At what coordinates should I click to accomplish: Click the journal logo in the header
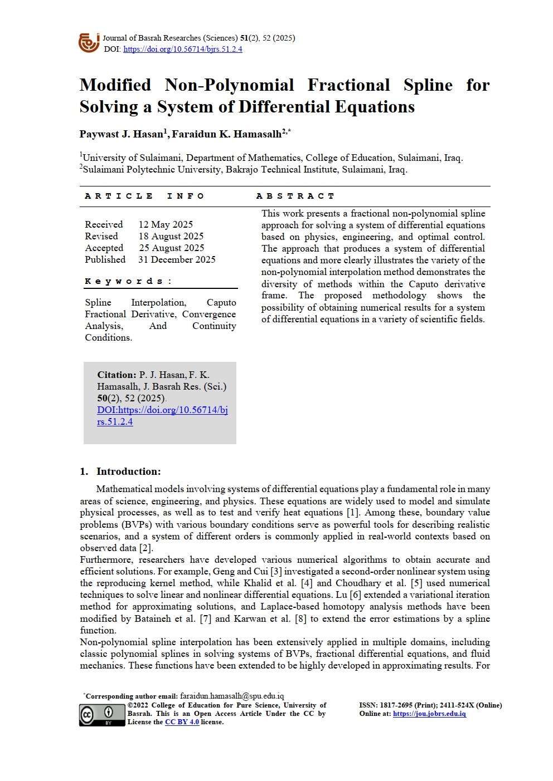[x=89, y=43]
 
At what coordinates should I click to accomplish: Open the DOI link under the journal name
[x=182, y=49]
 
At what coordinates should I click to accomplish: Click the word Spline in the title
[x=428, y=85]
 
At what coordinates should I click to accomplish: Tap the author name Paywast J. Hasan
[x=122, y=134]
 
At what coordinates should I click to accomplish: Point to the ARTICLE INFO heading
[x=144, y=196]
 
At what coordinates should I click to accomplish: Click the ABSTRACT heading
[x=295, y=196]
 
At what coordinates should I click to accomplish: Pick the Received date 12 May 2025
[x=166, y=224]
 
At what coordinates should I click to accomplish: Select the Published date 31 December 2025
[x=177, y=259]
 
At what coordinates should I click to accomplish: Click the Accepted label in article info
[x=104, y=248]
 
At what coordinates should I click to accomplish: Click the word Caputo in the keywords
[x=221, y=302]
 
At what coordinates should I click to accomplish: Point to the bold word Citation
[x=117, y=375]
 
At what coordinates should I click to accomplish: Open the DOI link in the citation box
[x=162, y=410]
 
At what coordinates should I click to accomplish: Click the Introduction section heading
[x=128, y=471]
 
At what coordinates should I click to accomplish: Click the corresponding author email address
[x=231, y=696]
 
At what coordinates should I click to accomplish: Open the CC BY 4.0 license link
[x=182, y=722]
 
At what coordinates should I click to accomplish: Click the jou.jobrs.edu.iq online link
[x=429, y=714]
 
